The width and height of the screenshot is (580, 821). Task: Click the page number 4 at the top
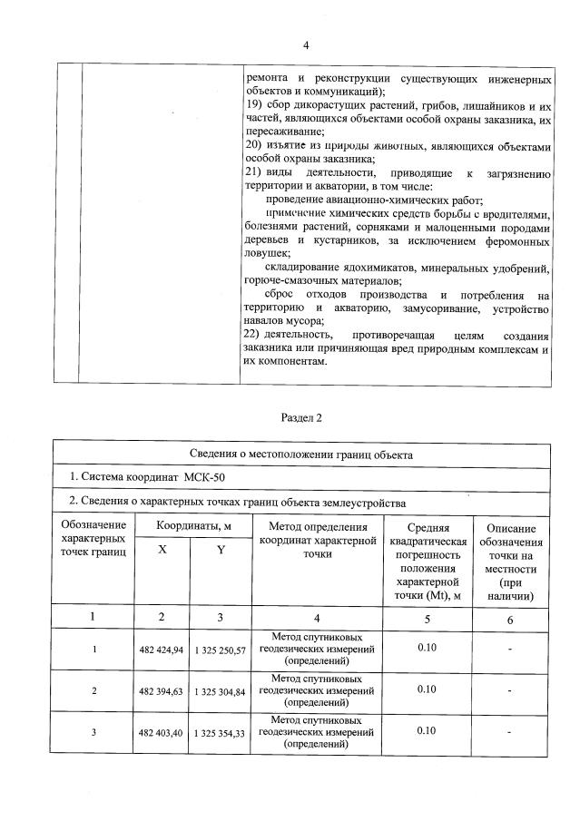[306, 45]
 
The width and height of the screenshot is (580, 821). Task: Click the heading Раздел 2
[301, 418]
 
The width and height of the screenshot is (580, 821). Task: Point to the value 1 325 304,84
[220, 691]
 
